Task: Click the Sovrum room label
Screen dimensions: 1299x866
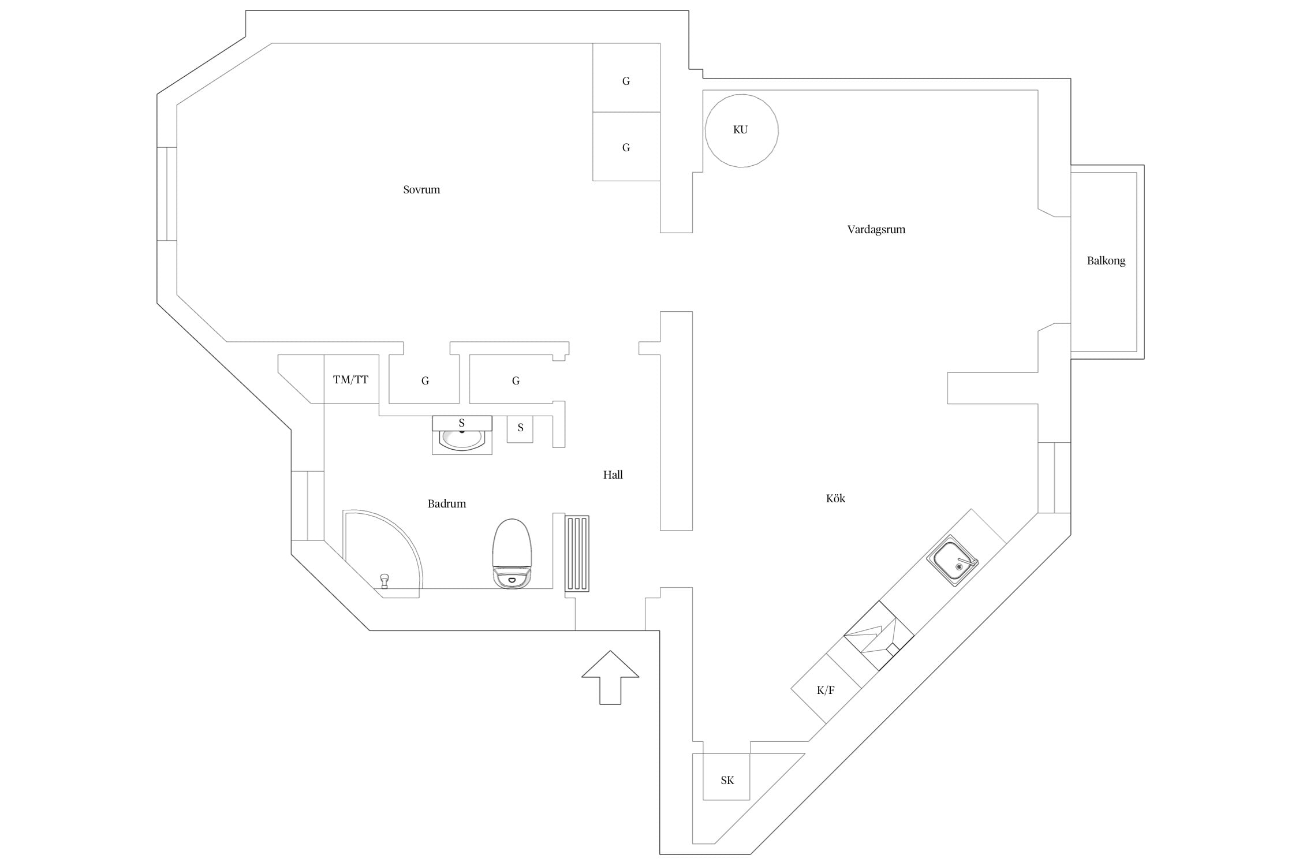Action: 421,189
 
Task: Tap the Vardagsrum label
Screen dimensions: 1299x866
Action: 876,230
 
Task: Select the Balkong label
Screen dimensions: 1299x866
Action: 1106,261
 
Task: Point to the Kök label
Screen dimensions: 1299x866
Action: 835,498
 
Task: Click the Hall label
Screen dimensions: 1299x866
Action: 613,475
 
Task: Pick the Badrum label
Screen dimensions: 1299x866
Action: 447,503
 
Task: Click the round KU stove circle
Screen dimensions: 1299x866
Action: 741,95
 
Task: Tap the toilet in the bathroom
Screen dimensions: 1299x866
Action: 512,554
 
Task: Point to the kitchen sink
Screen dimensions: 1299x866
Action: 953,561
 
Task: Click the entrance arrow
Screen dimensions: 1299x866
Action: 610,677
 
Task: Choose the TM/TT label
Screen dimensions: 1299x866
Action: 350,380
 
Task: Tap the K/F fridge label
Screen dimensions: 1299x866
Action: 826,690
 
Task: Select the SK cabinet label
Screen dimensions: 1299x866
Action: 727,781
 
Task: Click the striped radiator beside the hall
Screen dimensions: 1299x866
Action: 577,554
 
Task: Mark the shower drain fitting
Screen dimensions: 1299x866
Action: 385,580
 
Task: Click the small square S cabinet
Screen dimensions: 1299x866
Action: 520,430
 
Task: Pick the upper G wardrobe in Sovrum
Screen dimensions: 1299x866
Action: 626,77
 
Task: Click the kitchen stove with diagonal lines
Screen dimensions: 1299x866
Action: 879,636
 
